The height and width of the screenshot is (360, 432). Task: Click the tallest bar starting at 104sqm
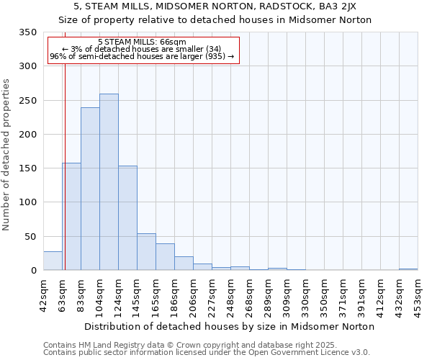[109, 182]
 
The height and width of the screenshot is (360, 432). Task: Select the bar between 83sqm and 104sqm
[90, 189]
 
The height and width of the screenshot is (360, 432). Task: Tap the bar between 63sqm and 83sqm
[71, 217]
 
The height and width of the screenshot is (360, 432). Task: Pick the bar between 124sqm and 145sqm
[127, 218]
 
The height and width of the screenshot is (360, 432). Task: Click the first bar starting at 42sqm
[53, 261]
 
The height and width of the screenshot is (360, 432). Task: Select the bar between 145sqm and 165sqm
[146, 252]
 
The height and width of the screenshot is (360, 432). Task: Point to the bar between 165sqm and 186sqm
[165, 257]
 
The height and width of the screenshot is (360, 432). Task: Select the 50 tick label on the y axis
[30, 236]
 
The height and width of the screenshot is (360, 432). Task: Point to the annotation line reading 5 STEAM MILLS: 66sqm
[142, 42]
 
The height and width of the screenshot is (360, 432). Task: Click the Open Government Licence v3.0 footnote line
[207, 353]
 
